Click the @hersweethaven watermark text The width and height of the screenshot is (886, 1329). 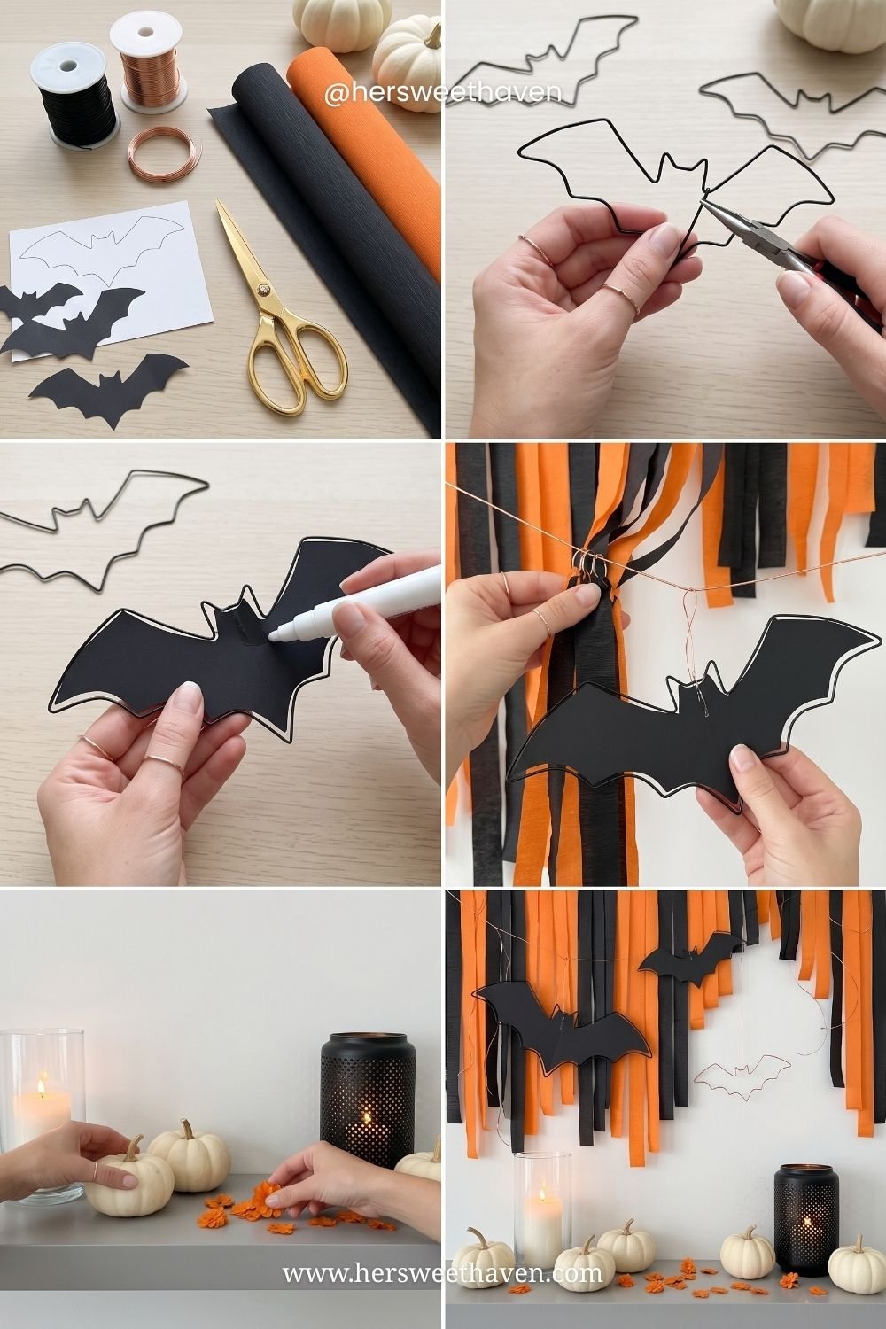coord(443,94)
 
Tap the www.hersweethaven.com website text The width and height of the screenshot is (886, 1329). coord(442,1271)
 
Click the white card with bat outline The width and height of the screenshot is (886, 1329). coord(111,280)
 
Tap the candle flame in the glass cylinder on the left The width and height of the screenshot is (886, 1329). coord(42,1087)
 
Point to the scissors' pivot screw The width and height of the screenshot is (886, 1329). coord(263,290)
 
